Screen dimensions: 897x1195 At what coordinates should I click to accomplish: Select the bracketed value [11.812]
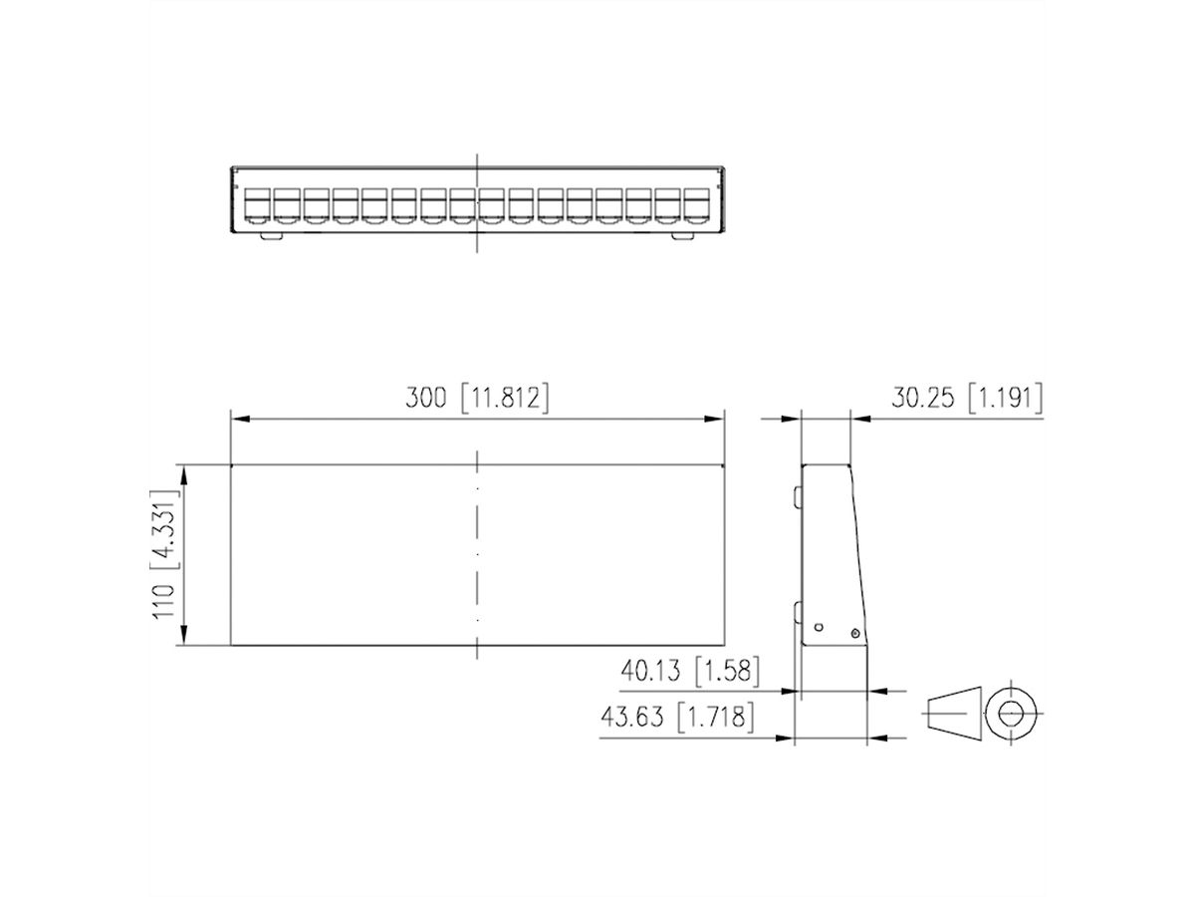504,399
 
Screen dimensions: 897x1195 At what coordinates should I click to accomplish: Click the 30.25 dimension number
924,399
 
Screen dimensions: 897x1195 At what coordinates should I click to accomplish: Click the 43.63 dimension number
634,718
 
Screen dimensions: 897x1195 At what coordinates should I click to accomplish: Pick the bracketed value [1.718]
713,718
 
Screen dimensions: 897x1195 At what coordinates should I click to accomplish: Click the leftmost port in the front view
258,205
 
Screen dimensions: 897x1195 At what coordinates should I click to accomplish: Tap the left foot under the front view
272,236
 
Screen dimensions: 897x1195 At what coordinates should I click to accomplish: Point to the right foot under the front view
682,236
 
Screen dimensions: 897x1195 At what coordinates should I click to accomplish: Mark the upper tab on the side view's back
798,496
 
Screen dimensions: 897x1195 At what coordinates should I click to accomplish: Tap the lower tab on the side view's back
798,610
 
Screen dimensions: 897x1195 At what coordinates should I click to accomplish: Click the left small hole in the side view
818,627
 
